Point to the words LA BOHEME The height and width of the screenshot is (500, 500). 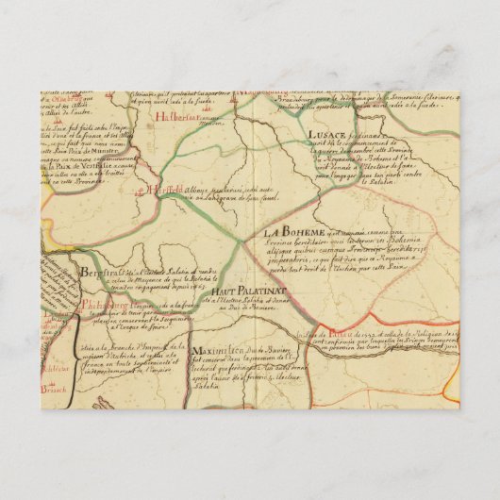(x=292, y=231)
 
